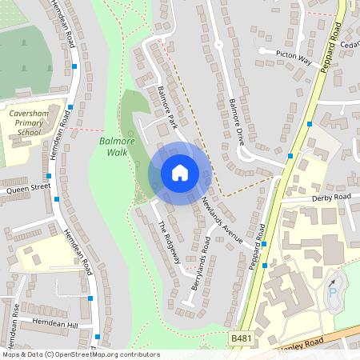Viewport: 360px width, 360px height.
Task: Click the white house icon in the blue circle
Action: pyautogui.click(x=179, y=173)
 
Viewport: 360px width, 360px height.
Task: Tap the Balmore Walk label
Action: pyautogui.click(x=113, y=146)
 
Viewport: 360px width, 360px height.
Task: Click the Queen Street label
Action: pyautogui.click(x=28, y=189)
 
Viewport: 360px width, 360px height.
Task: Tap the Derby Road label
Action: pyautogui.click(x=331, y=197)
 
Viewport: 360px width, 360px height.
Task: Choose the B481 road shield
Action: pyautogui.click(x=239, y=340)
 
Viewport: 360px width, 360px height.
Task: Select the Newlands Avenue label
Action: pyautogui.click(x=222, y=219)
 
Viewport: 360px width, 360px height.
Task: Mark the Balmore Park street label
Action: pyautogui.click(x=166, y=109)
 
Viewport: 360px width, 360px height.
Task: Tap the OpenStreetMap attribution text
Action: pyautogui.click(x=80, y=354)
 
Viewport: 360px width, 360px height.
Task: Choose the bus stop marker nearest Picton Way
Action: pyautogui.click(x=310, y=124)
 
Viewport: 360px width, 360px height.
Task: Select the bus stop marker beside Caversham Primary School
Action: pyautogui.click(x=70, y=106)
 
